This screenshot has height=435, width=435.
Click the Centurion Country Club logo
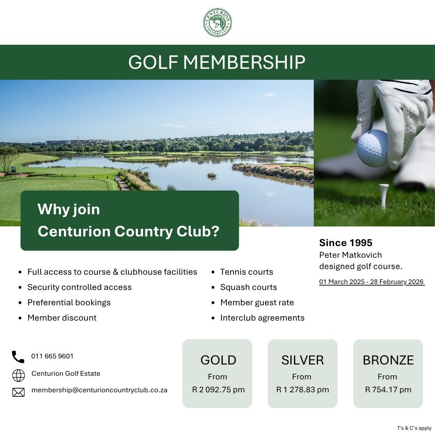217,23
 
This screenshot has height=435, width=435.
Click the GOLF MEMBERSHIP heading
217,62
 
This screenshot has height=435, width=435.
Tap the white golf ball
372,148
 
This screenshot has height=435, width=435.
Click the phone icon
18,357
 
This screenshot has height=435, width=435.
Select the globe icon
19,375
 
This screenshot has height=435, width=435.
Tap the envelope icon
19,391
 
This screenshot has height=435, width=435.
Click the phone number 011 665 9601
52,356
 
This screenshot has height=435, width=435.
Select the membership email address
99,390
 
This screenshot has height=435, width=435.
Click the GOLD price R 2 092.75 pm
218,389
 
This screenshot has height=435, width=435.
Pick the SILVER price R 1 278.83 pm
302,389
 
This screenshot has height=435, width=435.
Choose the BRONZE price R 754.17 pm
388,389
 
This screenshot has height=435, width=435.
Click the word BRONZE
388,360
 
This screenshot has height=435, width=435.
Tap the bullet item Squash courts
249,287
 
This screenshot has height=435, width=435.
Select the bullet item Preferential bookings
69,302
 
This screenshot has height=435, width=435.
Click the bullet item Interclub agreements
262,318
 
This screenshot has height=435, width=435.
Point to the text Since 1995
346,243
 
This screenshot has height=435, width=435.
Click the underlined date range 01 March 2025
371,282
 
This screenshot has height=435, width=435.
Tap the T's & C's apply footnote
414,428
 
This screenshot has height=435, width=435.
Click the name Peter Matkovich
350,255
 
